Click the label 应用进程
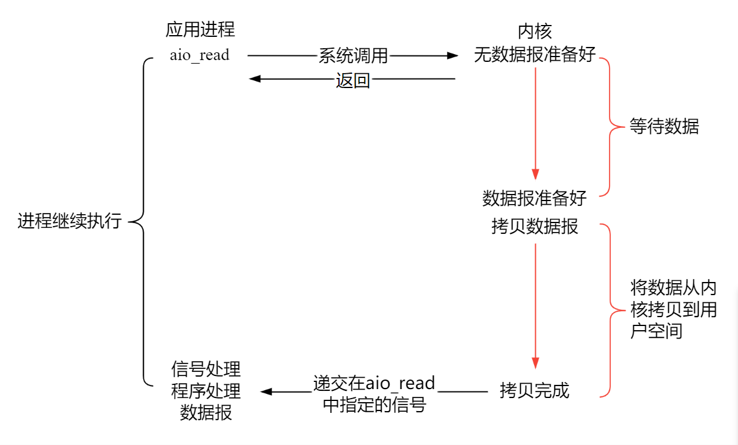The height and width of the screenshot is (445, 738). point(200,29)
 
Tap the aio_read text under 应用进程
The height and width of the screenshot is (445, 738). point(199,55)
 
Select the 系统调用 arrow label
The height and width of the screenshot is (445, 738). point(353,56)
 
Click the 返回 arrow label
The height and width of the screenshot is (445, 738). point(353,79)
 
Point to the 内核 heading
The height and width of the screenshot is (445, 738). point(535,32)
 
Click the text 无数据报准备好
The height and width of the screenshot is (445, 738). point(535,55)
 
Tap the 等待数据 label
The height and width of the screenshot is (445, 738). point(664,126)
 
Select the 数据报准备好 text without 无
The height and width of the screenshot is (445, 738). point(535,198)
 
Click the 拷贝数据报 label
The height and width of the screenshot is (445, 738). point(535,226)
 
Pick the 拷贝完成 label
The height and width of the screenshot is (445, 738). point(535,390)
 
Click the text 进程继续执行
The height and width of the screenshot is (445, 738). point(70,221)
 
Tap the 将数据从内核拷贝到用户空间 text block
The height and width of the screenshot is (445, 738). point(673,309)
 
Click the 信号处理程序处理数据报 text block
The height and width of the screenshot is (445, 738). point(206,390)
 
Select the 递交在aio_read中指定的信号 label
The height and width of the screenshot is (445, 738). point(374,393)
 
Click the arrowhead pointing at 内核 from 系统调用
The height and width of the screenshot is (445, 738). point(453,56)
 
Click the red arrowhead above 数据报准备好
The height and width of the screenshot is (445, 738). point(535,174)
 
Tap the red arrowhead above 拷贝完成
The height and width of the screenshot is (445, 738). point(535,363)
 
